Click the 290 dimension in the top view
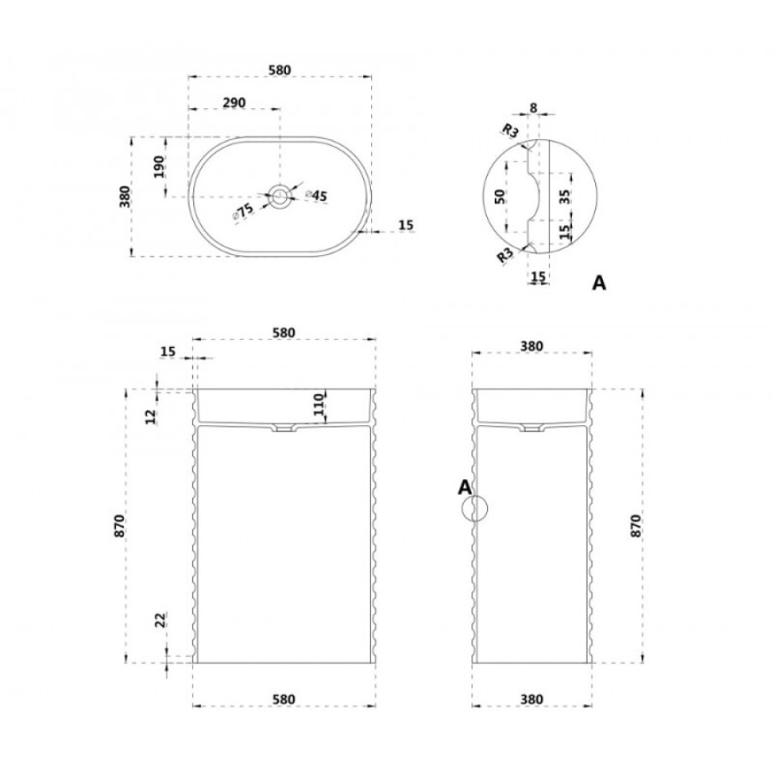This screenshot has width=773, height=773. (234, 102)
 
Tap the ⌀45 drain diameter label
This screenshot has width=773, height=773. (316, 195)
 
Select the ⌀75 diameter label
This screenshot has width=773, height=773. (242, 211)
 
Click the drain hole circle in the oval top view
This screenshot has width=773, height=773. (281, 197)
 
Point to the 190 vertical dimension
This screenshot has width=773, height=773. (158, 167)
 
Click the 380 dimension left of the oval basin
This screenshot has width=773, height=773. (125, 196)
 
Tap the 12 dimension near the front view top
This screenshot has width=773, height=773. (151, 417)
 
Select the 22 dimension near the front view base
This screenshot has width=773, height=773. (161, 619)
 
